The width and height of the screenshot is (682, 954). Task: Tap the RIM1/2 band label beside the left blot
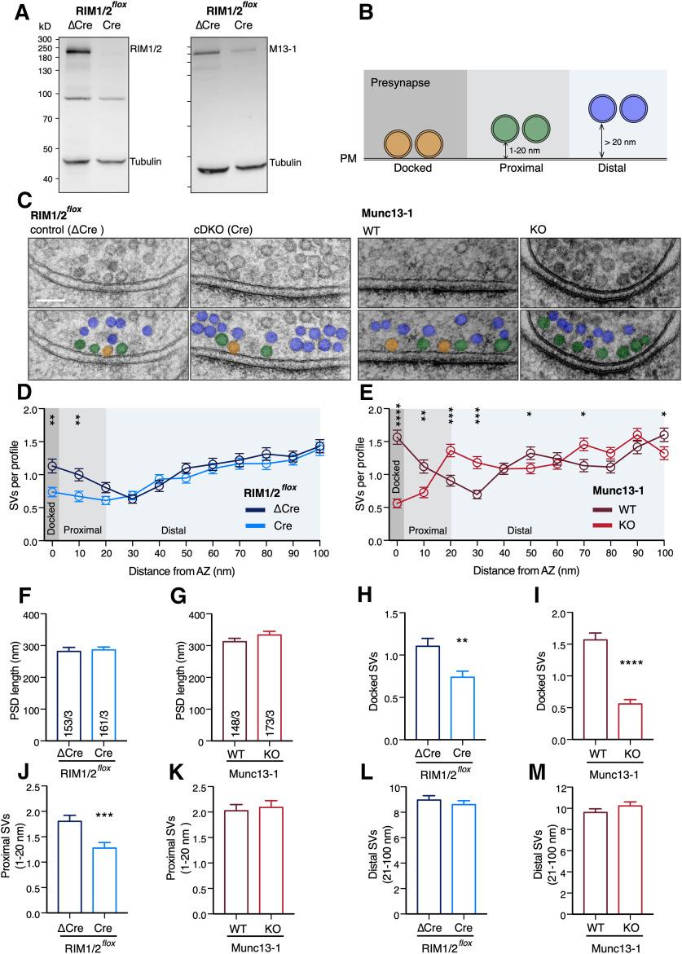tap(144, 49)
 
